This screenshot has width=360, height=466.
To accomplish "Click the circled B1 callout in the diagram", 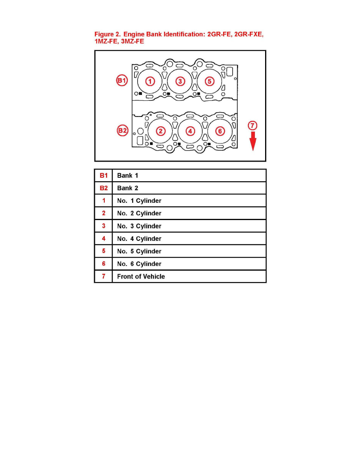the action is (x=122, y=80).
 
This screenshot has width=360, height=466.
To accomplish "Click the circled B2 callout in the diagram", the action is (x=122, y=130).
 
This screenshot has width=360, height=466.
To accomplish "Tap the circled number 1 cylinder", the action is (x=150, y=81).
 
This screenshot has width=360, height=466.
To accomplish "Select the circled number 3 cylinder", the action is (x=180, y=81).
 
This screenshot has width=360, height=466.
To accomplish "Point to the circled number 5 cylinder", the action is (x=209, y=81).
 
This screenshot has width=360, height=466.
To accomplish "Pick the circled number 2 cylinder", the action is (x=161, y=131).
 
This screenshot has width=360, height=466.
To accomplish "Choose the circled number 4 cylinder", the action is (x=190, y=131).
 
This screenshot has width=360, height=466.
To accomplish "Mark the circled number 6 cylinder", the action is (x=220, y=131).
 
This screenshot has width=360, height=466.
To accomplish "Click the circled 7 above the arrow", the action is (x=253, y=126).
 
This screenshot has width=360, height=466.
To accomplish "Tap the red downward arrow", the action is (x=253, y=141).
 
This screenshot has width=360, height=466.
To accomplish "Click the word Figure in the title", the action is (x=104, y=35).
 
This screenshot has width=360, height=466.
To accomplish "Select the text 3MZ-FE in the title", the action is (x=133, y=41).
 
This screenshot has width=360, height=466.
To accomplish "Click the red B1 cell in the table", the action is (x=104, y=176).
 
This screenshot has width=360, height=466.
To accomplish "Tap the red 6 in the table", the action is (x=104, y=264).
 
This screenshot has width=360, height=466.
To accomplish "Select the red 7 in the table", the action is (x=104, y=277).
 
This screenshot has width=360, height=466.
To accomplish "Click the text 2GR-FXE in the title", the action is (x=249, y=35).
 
